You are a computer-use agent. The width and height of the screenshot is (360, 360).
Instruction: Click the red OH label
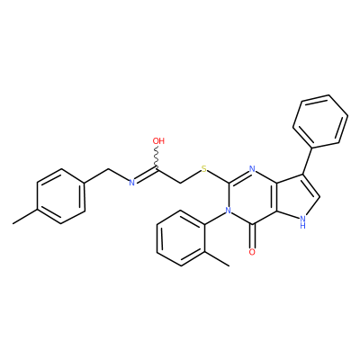point(158,140)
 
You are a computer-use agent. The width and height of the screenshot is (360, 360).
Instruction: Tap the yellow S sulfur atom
point(204,169)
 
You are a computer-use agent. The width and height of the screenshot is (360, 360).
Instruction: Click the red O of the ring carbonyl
point(252,252)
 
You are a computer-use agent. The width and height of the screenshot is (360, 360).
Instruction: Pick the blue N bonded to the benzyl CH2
point(131,183)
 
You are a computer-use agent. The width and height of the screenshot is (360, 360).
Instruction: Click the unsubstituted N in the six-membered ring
point(252,169)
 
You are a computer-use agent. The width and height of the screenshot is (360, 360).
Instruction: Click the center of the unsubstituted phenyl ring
point(320,121)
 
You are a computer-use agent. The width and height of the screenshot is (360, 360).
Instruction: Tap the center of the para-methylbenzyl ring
point(61,196)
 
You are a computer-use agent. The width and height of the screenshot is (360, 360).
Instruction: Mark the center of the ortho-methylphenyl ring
point(181,238)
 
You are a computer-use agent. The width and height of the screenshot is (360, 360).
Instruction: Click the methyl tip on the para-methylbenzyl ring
point(13,224)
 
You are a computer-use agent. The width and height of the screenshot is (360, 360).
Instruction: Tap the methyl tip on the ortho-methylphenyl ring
point(229,265)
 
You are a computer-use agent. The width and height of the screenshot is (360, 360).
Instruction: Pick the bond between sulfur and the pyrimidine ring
point(218,176)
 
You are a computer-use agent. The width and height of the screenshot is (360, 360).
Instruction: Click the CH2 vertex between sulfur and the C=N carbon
point(181,183)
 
